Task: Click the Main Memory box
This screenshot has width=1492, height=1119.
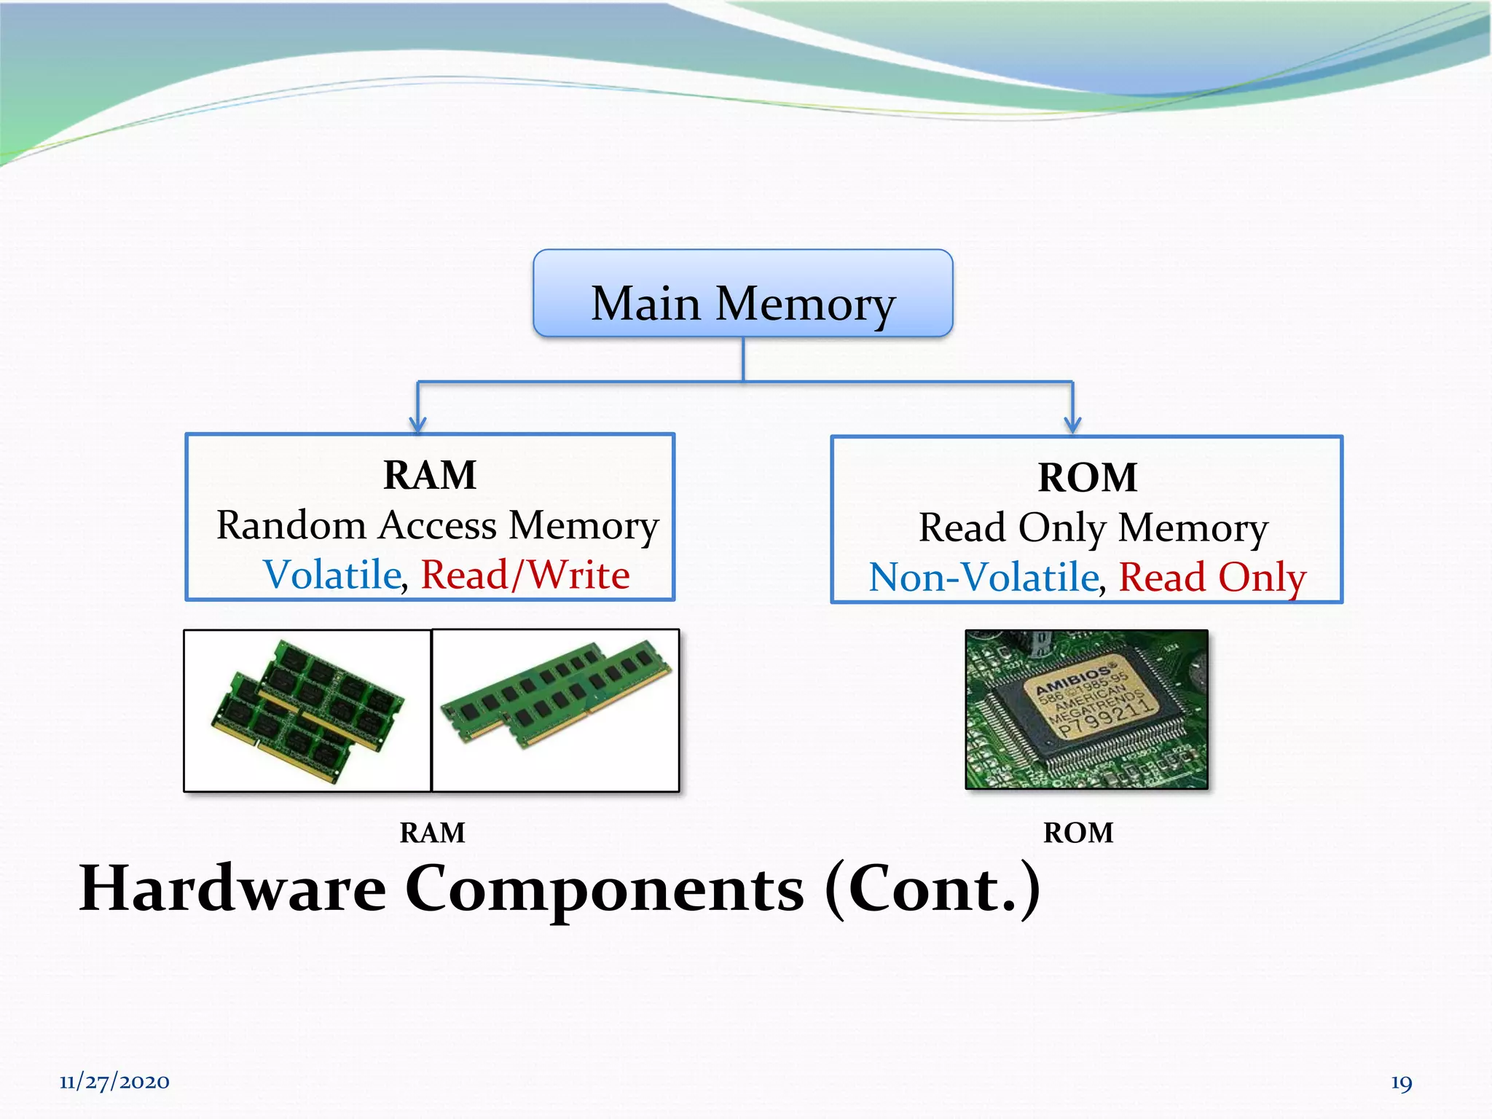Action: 742,294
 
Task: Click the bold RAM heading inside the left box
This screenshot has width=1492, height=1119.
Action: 430,476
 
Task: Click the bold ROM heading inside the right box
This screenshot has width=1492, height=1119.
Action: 1087,479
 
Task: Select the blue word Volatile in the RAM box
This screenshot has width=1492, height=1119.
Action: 332,575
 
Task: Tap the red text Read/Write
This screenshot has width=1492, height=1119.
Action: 525,575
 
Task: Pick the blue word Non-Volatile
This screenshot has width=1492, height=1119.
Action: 983,578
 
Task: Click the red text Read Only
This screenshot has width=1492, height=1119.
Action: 1212,578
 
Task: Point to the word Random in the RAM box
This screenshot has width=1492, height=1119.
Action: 291,525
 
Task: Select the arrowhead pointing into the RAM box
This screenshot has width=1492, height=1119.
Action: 417,424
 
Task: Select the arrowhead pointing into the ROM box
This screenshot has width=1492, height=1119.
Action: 1072,424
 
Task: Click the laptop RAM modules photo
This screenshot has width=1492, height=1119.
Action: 307,710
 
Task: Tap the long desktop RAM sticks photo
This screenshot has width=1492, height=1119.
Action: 556,710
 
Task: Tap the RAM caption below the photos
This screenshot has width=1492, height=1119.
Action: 432,833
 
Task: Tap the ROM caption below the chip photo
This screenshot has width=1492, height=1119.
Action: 1078,833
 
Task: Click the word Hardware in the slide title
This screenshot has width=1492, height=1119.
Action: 232,890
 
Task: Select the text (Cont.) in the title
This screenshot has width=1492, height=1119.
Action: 932,890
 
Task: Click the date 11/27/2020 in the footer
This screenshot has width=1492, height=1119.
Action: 114,1082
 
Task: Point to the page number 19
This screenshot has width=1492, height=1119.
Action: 1401,1083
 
